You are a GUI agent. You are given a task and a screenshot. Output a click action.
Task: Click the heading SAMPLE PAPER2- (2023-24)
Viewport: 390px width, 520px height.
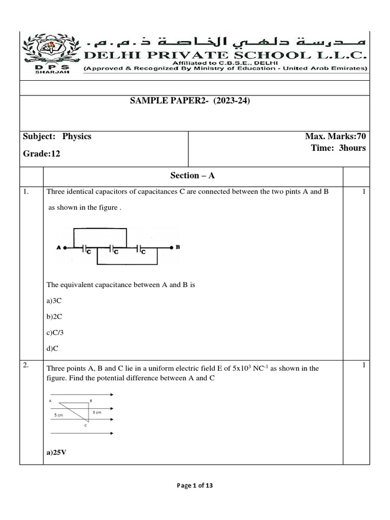click(190, 101)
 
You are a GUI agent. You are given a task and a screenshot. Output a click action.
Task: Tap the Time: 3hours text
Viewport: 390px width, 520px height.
click(338, 148)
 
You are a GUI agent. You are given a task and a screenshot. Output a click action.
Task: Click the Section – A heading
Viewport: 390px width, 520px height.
click(193, 175)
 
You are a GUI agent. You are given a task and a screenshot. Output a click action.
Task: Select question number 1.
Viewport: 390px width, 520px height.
click(27, 192)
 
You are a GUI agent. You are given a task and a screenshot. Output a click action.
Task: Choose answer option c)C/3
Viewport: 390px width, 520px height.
click(56, 332)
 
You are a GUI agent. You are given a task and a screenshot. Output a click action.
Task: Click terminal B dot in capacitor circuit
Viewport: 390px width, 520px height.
click(172, 248)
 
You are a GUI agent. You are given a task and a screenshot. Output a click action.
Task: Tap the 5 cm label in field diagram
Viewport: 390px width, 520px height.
click(59, 415)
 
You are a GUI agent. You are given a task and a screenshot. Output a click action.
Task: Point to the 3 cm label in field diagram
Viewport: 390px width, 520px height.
click(97, 412)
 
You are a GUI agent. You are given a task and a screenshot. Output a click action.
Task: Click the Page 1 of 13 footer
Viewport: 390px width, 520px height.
click(195, 485)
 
